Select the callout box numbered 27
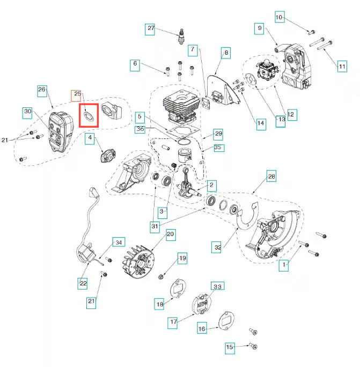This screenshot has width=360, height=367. click(150, 28)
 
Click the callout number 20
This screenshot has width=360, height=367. click(171, 234)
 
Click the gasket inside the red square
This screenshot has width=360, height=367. click(89, 115)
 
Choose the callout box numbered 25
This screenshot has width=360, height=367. click(77, 95)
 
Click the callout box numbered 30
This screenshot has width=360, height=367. click(28, 112)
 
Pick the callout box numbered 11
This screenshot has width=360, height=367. click(342, 67)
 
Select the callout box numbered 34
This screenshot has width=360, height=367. click(119, 241)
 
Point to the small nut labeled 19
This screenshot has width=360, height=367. click(161, 276)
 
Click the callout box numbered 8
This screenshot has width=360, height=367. click(226, 53)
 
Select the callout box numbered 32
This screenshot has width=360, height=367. click(217, 247)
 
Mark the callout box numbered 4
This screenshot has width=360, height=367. click(91, 138)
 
